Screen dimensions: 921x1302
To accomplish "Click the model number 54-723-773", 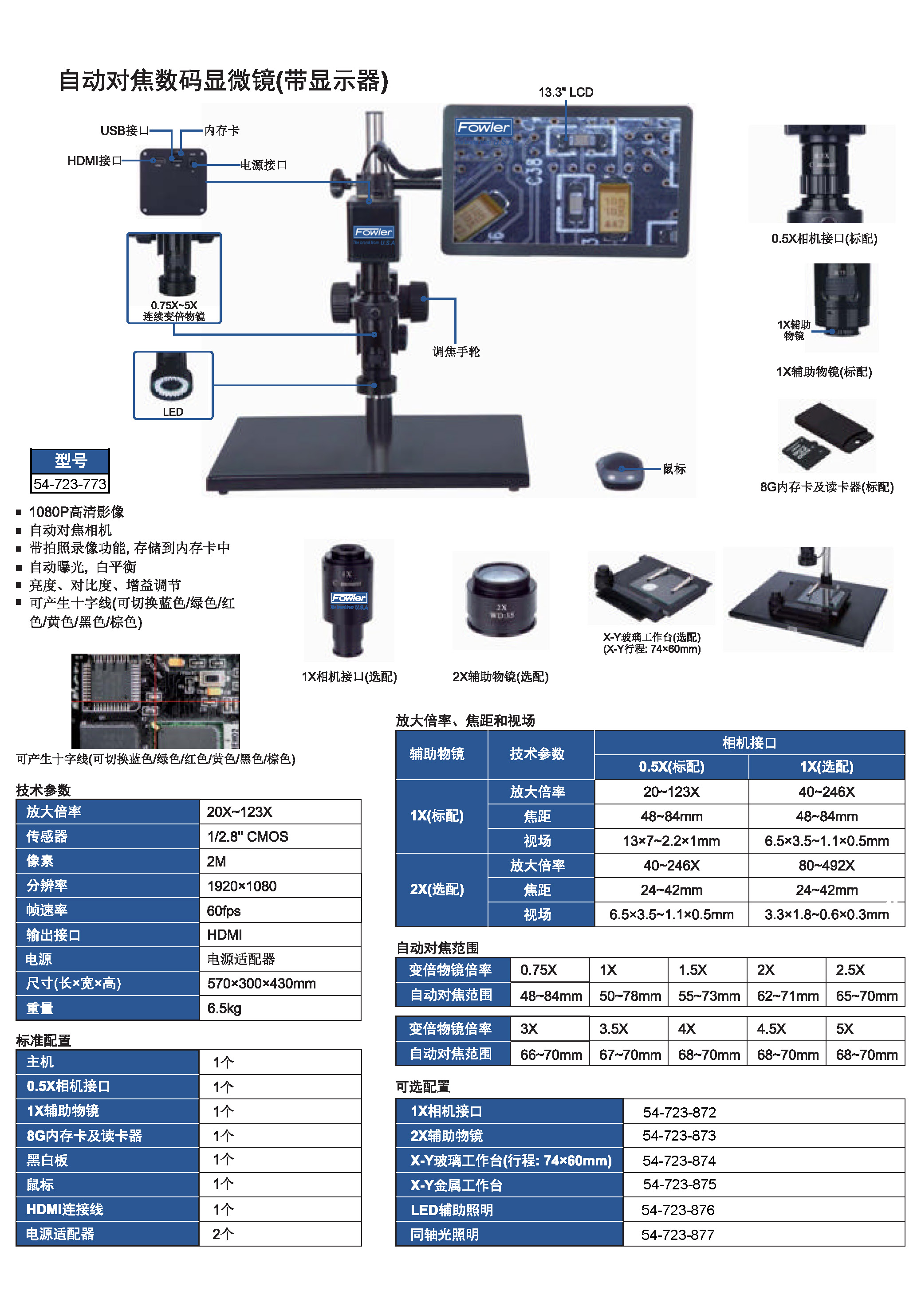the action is click(70, 484).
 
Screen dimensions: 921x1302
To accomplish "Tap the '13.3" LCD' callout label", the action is click(566, 92).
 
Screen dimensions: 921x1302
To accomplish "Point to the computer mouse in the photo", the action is click(620, 470).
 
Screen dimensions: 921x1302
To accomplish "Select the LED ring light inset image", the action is click(173, 385).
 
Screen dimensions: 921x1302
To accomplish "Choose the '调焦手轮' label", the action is click(456, 352).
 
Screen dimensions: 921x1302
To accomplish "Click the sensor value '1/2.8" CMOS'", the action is click(248, 836).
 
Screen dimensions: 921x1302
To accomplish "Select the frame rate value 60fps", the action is click(224, 911).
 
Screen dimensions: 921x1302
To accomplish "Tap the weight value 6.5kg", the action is click(224, 1008).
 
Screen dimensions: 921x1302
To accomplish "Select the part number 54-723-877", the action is click(677, 1235).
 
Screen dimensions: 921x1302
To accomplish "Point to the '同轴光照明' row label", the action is click(445, 1235).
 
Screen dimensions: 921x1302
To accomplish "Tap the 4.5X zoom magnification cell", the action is click(771, 1029).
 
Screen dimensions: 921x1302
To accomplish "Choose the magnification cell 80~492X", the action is click(826, 865).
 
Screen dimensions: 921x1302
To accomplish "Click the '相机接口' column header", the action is click(749, 743).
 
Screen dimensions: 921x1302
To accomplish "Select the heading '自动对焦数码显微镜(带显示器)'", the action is click(224, 81).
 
